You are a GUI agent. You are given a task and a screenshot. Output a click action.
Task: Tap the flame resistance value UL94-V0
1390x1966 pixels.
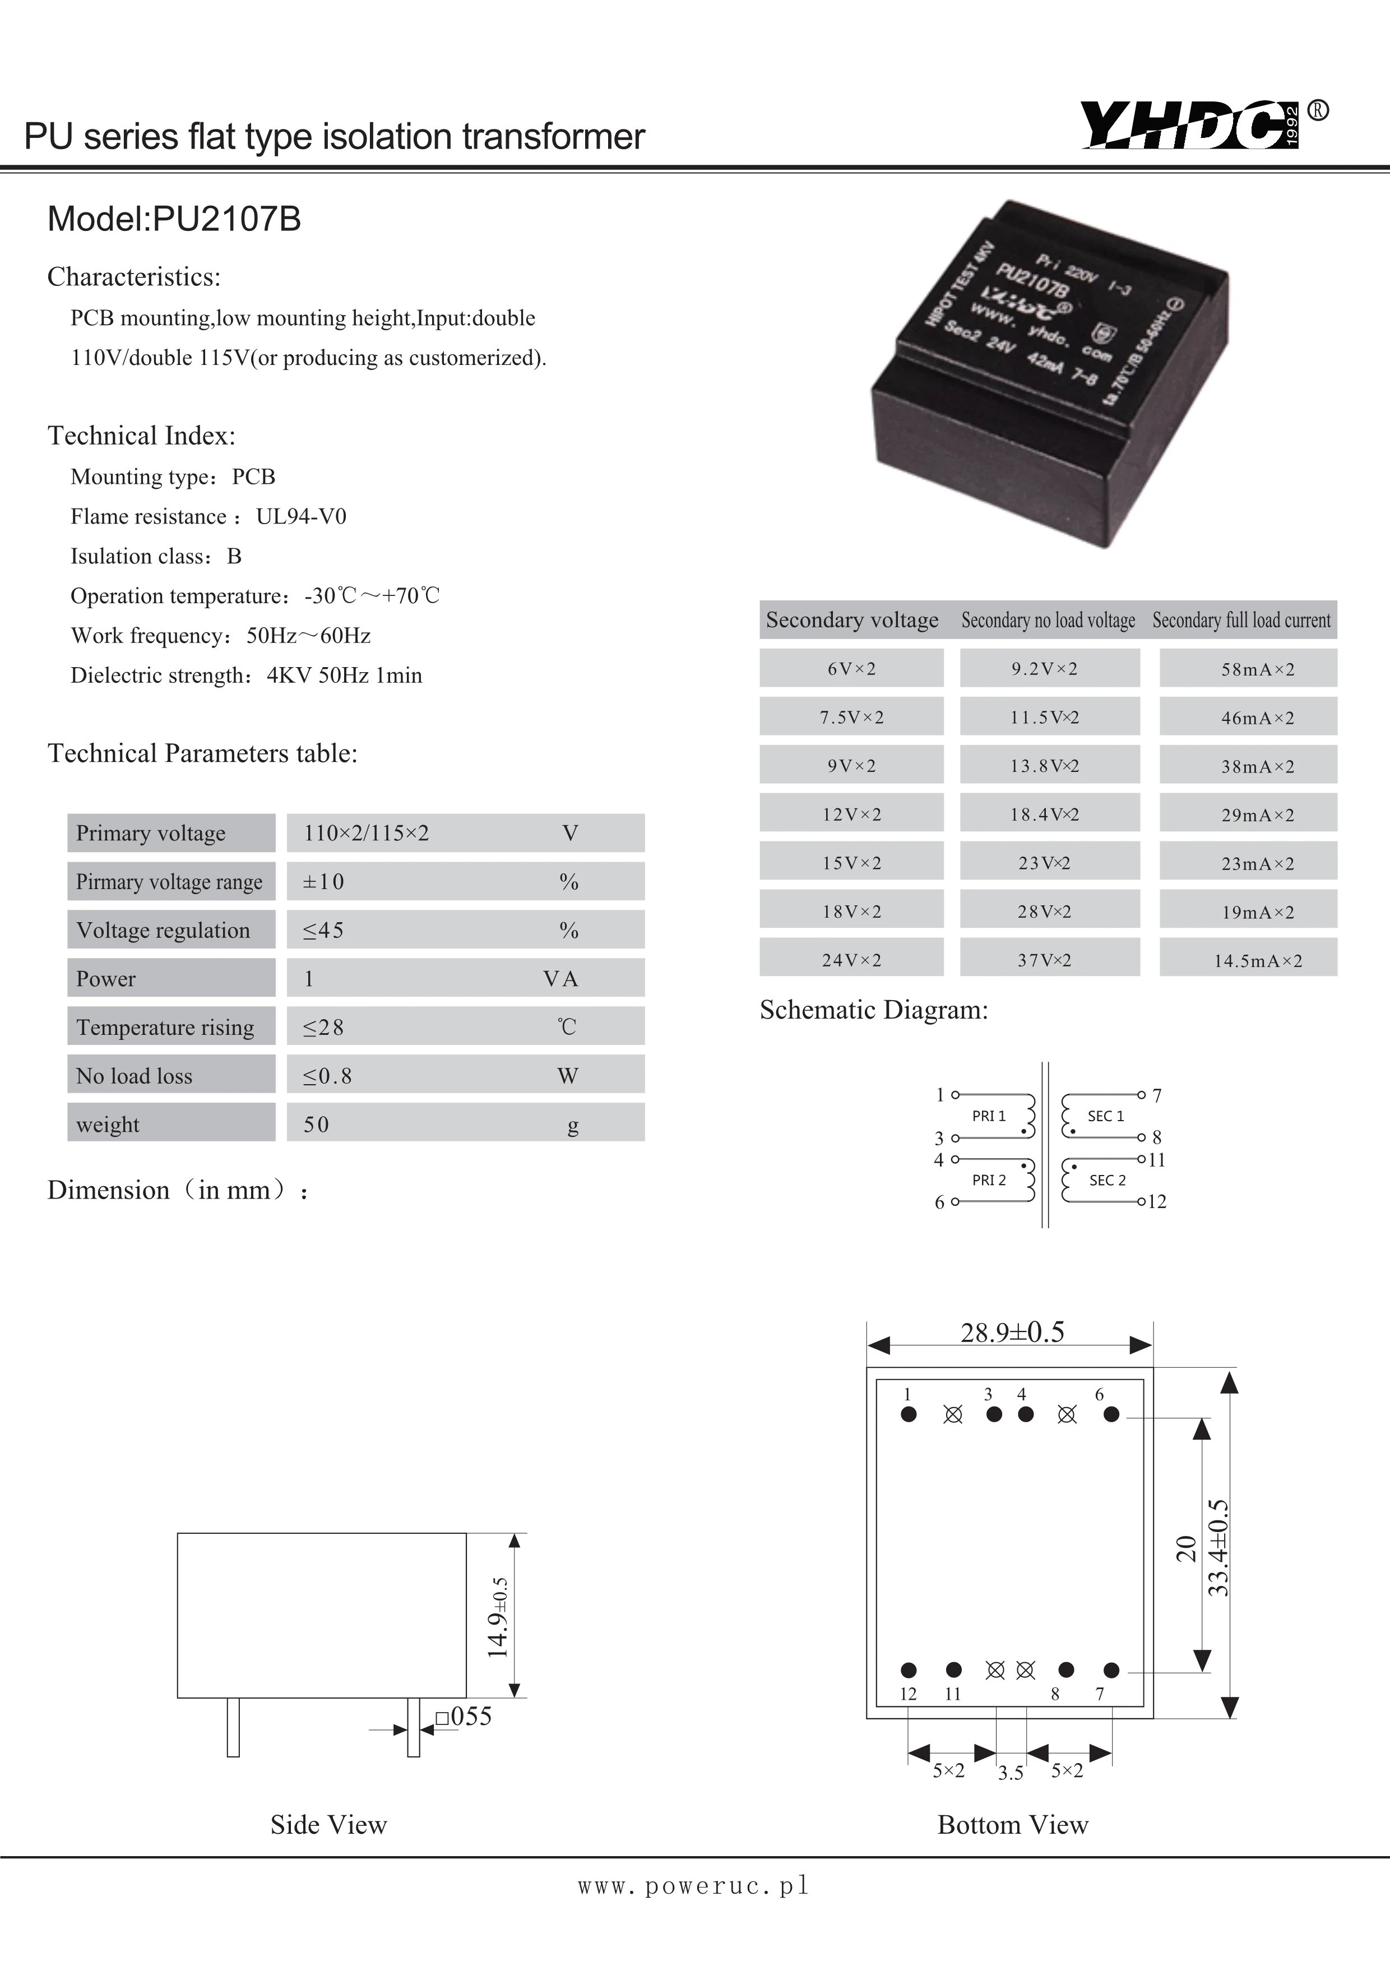pos(302,516)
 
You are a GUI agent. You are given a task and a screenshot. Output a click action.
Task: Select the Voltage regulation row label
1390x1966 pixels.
pos(164,930)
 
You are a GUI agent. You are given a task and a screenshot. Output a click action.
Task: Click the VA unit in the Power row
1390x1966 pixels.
pos(560,979)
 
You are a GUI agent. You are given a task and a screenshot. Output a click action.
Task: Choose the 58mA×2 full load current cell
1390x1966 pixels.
pos(1257,669)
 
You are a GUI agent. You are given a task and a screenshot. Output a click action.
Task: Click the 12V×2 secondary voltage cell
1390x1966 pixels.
pos(851,815)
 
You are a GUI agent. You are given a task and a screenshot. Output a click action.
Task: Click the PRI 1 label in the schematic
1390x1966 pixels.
pos(989,1116)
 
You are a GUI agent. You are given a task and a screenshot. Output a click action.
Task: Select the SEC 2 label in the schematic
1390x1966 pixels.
pos(1107,1180)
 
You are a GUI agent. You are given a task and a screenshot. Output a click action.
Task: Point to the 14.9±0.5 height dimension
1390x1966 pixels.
pos(499,1617)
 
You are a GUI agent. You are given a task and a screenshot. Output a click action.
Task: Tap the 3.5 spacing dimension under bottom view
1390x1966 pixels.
pos(1011,1773)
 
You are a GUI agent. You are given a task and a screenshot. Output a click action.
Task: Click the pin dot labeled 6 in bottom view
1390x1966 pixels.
pos(1111,1414)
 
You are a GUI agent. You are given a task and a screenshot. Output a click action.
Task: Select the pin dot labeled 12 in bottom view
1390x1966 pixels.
pos(909,1670)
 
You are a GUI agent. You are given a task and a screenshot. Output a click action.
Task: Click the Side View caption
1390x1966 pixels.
pos(328,1825)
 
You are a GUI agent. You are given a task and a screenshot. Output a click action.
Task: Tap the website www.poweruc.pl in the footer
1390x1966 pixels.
pos(693,1885)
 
